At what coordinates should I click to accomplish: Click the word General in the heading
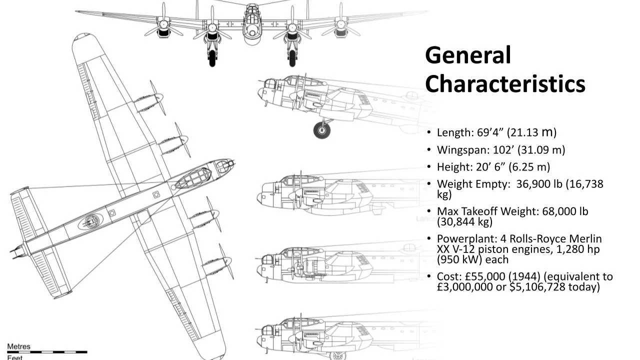468,55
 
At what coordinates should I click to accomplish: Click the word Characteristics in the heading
505,84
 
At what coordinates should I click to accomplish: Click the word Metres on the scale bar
18,346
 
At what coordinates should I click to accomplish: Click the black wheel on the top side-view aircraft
322,130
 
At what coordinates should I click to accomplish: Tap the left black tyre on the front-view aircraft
212,57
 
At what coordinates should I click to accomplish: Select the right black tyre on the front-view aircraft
292,57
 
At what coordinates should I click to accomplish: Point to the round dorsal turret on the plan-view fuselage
91,220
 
